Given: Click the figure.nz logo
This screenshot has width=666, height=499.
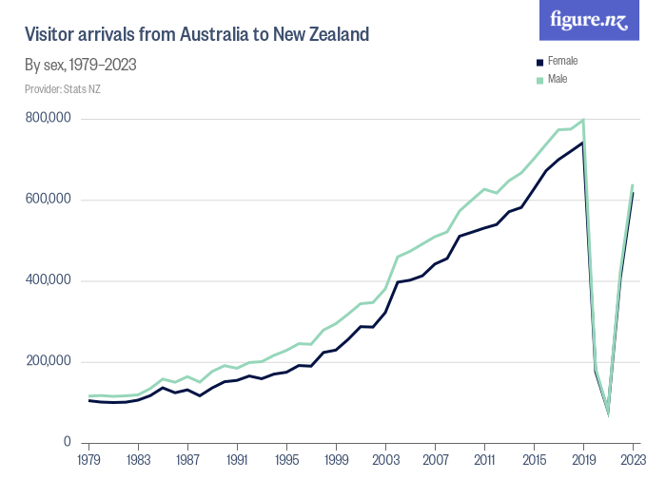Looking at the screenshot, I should click(x=590, y=20).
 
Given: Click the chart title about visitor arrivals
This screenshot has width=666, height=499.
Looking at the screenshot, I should click(x=196, y=35).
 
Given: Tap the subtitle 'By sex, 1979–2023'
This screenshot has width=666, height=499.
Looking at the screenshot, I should click(x=81, y=66).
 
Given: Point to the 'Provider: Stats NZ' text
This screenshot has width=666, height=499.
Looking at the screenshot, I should click(x=63, y=89).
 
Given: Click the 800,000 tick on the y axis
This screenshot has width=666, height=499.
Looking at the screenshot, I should click(x=49, y=119).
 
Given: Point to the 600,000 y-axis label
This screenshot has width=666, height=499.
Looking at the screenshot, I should click(x=49, y=200).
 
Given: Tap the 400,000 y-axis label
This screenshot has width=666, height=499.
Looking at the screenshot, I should click(x=49, y=281).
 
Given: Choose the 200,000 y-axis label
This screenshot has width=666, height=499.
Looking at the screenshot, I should click(x=49, y=362).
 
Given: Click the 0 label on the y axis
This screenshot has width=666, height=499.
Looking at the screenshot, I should click(x=69, y=443).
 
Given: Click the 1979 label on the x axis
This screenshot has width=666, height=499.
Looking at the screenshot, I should click(x=89, y=460).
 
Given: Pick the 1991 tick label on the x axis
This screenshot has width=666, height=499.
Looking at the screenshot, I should click(x=238, y=460).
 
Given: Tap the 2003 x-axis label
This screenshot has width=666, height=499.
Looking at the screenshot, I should click(x=385, y=460).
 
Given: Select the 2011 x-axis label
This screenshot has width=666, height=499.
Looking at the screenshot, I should click(x=484, y=460).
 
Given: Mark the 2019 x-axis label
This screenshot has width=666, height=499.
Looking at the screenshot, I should click(x=583, y=460).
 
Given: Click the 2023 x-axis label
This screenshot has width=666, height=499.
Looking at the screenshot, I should click(x=631, y=460).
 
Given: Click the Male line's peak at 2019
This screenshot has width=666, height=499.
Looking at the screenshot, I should click(x=583, y=120).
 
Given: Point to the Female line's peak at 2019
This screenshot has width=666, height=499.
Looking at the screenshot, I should click(x=582, y=143).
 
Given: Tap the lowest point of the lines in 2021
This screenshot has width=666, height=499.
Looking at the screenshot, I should click(x=608, y=413).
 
